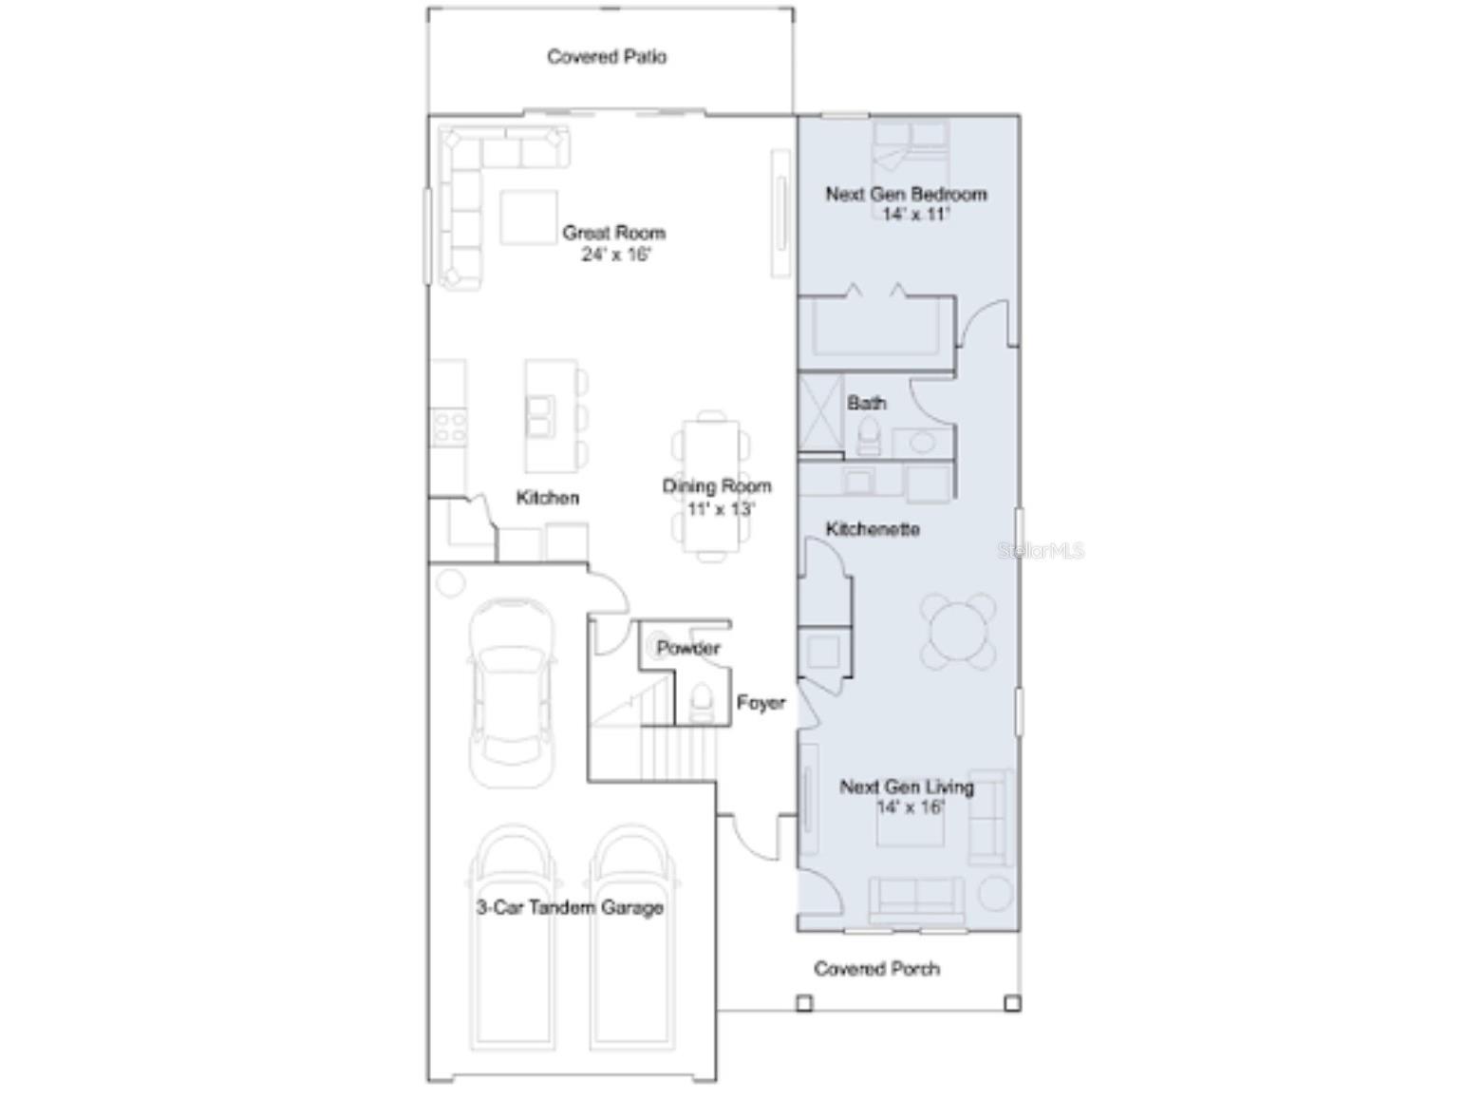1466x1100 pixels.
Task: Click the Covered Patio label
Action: click(607, 57)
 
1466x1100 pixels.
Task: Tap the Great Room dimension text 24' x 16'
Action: click(615, 255)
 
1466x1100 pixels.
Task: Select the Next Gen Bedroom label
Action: click(906, 195)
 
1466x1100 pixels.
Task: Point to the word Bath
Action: click(866, 403)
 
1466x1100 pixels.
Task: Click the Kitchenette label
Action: click(873, 529)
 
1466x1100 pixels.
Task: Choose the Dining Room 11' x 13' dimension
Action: click(721, 509)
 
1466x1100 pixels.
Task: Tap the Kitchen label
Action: click(547, 498)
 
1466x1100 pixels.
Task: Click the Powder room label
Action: click(688, 647)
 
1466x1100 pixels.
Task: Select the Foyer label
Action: click(760, 703)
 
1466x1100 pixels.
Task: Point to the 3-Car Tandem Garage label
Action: click(569, 908)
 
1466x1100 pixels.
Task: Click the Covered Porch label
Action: click(876, 969)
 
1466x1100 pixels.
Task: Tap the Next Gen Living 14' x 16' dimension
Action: click(911, 807)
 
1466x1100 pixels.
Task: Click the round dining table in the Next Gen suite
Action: click(958, 631)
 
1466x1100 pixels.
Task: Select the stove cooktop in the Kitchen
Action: click(449, 427)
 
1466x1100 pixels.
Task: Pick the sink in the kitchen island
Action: click(539, 417)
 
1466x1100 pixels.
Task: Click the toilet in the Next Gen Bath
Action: click(868, 436)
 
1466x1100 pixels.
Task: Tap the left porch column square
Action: click(804, 1003)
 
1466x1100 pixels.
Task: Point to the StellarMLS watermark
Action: click(1041, 550)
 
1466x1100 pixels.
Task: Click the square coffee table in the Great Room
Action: click(529, 218)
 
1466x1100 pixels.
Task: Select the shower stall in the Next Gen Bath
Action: click(820, 413)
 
